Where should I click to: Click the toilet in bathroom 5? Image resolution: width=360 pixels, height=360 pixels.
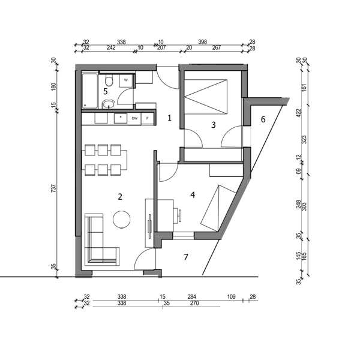109,80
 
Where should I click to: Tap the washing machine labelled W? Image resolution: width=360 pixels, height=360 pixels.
126,80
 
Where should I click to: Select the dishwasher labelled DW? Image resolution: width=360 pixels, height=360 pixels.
134,118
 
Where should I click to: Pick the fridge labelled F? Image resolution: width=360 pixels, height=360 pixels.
148,119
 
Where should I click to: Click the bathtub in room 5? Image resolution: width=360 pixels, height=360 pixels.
90,91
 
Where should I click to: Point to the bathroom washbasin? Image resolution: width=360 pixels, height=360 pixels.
109,104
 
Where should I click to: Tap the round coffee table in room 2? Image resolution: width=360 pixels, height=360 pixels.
122,219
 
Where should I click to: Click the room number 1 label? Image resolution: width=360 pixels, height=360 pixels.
169,118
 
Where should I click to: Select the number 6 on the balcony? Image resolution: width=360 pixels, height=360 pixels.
263,119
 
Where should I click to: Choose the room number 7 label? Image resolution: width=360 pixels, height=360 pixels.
186,257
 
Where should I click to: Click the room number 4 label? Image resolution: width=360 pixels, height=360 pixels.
193,195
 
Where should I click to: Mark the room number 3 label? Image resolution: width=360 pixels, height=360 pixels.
214,125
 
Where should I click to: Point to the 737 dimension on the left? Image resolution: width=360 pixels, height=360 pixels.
53,188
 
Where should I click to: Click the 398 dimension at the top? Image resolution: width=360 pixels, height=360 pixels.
203,42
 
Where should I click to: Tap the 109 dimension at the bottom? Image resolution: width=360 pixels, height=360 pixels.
231,296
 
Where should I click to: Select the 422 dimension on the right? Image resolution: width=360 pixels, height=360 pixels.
298,113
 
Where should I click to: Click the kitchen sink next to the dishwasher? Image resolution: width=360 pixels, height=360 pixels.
121,118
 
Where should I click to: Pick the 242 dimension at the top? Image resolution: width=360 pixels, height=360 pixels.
111,47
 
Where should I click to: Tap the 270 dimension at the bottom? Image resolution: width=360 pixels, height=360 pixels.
194,303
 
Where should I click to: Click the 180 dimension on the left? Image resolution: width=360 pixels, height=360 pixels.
53,86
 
